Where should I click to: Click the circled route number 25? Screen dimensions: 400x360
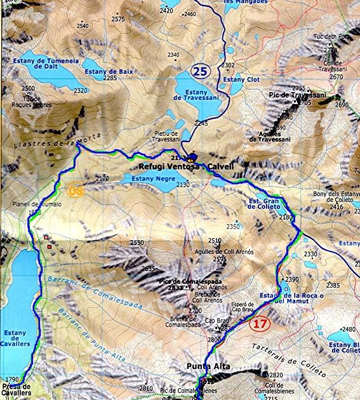click(x=200, y=70)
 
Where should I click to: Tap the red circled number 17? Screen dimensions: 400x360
click(x=260, y=323)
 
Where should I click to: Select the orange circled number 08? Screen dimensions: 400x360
click(x=76, y=190)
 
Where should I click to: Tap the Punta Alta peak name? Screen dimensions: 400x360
click(x=208, y=367)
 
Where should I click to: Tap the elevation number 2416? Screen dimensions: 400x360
click(x=337, y=207)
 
